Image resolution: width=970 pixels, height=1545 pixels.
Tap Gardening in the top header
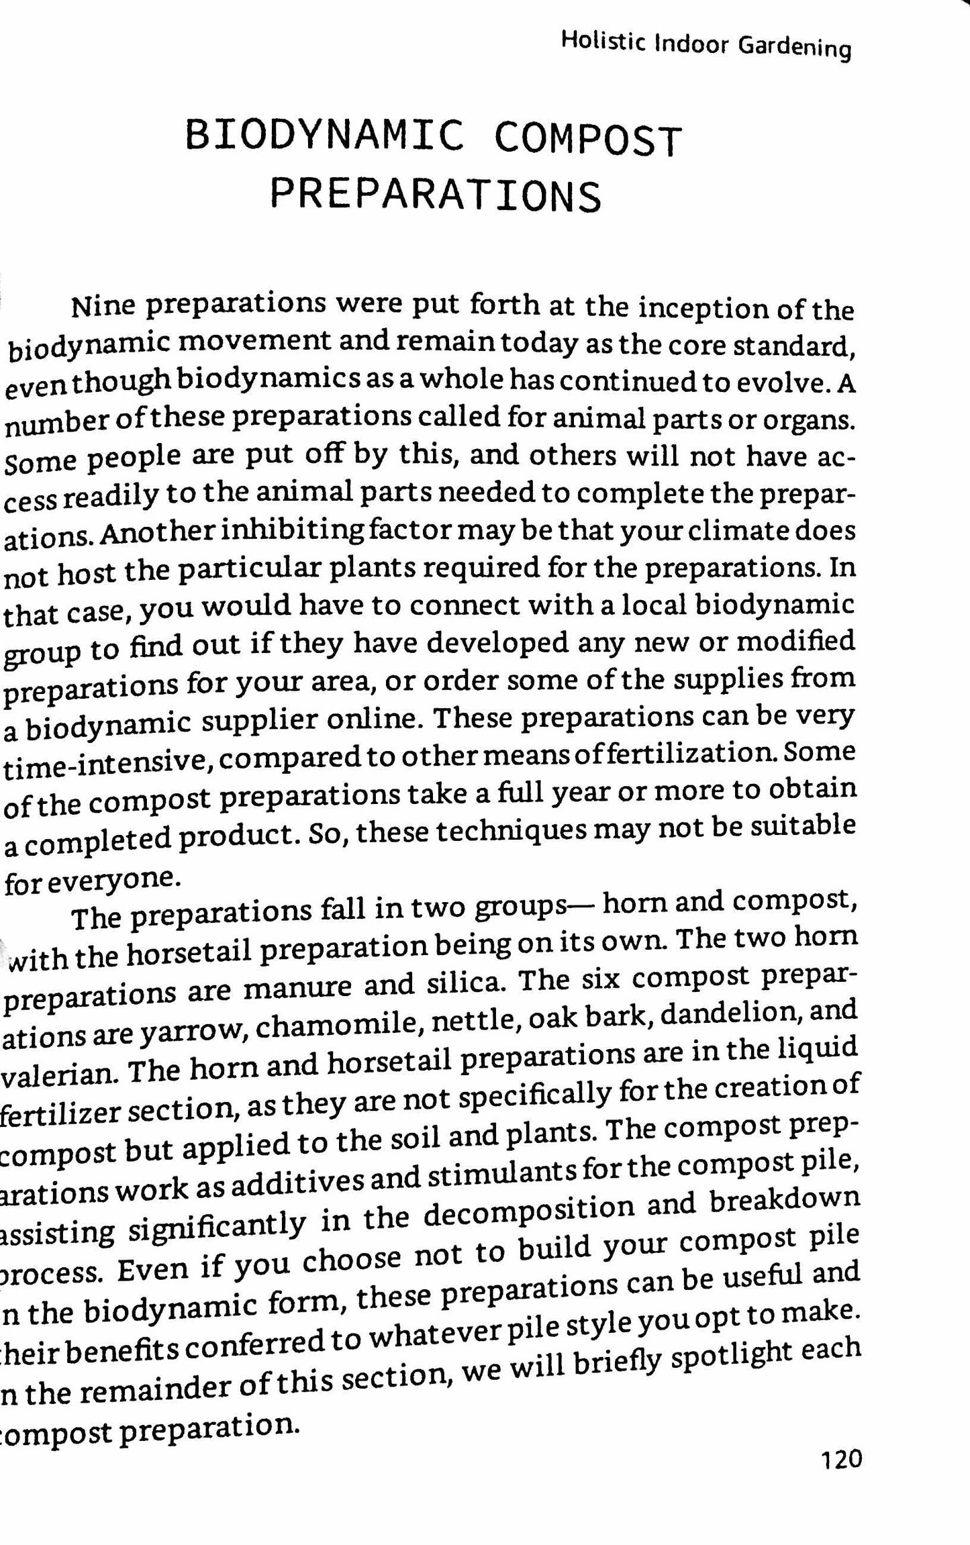(x=794, y=48)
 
